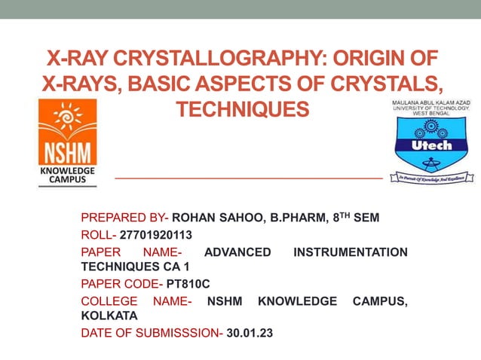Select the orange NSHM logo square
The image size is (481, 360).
click(x=67, y=135)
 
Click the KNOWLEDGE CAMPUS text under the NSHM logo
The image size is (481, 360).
click(x=67, y=176)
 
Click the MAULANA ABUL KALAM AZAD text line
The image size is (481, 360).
click(x=431, y=103)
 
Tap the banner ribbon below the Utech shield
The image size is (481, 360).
click(x=431, y=178)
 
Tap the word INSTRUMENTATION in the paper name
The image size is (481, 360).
click(x=349, y=252)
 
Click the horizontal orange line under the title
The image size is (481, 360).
click(x=247, y=178)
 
